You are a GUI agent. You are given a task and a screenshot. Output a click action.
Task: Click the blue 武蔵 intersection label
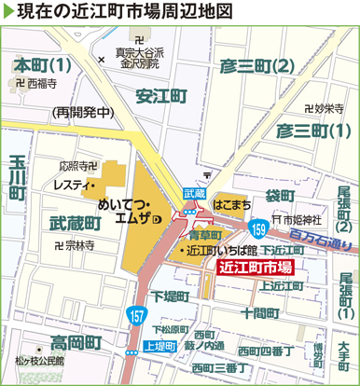point(194,192)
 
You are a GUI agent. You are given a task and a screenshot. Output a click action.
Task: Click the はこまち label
point(231,200)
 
